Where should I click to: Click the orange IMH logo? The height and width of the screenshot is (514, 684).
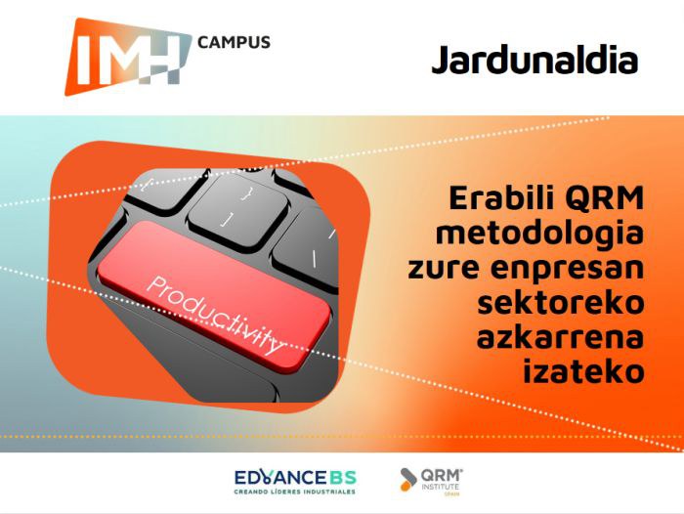128,57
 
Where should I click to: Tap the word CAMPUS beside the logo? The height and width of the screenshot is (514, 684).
234,42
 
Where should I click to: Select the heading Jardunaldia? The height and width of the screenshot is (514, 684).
534,60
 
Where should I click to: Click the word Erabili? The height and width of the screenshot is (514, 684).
502,197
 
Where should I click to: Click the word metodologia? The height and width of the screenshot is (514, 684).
540,234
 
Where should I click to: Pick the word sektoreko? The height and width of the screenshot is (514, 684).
561,302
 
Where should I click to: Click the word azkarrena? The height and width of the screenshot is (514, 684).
561,337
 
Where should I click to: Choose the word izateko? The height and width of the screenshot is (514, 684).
583,371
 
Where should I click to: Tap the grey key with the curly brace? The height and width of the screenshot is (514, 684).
238,209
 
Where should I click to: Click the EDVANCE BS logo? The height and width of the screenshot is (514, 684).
295,482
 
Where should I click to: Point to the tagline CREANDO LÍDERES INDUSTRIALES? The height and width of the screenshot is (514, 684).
295,492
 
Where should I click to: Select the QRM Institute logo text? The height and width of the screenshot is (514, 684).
442,480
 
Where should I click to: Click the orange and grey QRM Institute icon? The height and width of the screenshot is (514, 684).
408,479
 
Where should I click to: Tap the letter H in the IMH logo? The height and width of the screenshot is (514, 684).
162,59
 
